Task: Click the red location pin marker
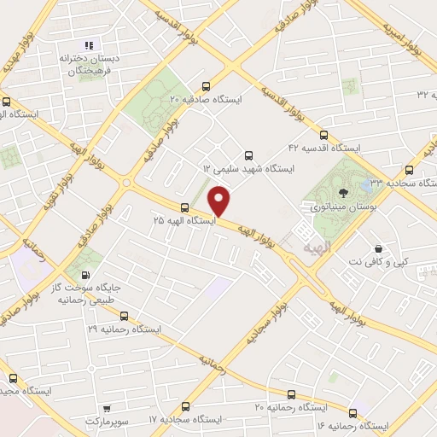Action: (220, 201)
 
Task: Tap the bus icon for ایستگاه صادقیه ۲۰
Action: (206, 86)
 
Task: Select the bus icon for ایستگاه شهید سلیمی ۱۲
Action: (248, 155)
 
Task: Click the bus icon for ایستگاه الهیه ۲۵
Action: (184, 207)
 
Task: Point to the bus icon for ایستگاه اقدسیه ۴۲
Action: (323, 134)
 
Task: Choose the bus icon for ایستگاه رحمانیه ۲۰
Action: (292, 394)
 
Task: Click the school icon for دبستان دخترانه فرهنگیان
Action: (88, 45)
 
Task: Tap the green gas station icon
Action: (85, 275)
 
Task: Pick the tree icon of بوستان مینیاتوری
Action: (343, 193)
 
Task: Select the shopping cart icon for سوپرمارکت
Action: (107, 410)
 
